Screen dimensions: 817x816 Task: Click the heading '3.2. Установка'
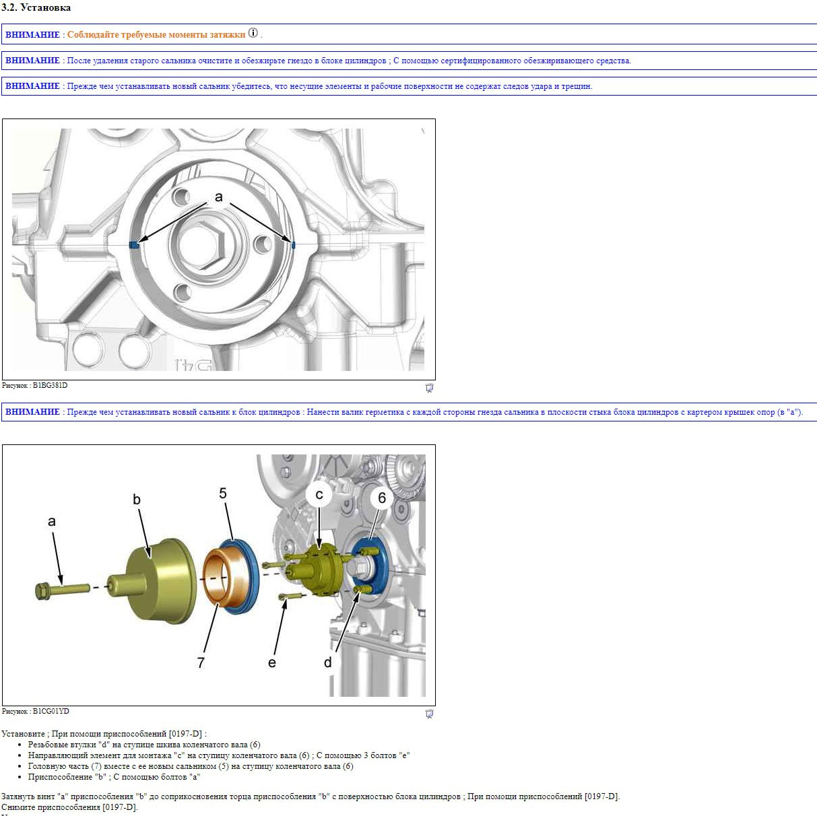pos(36,7)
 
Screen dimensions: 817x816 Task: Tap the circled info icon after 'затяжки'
pos(253,33)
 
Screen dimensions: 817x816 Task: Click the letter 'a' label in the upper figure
pos(218,197)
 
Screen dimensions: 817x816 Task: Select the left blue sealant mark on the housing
pos(134,244)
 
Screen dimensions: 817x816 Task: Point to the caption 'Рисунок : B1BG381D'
pos(35,385)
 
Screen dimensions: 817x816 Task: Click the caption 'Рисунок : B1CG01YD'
pos(35,711)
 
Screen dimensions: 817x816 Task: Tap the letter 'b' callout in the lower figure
pos(137,500)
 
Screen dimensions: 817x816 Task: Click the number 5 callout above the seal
pos(223,493)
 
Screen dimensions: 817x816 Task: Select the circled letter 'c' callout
pos(319,494)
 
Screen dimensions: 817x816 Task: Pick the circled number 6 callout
pos(382,498)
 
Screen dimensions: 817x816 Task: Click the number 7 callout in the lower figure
pos(201,662)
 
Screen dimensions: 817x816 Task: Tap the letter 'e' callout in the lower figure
pos(271,662)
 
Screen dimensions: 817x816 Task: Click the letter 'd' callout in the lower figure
pos(328,662)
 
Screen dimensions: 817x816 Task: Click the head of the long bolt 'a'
pos(42,591)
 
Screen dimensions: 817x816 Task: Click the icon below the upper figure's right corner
pos(430,388)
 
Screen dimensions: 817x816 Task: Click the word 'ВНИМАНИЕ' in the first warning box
pos(32,35)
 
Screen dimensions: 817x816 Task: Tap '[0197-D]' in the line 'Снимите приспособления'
pos(120,807)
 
